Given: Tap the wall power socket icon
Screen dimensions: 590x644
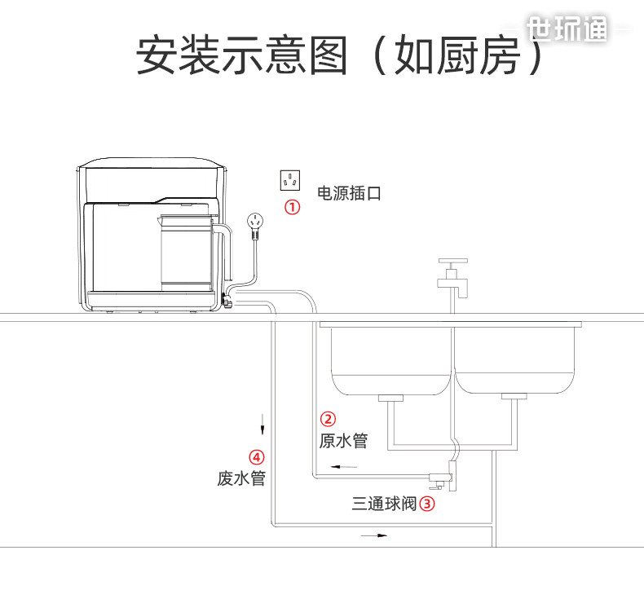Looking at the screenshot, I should (x=290, y=180).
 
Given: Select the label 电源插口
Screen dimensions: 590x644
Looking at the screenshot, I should (x=349, y=193).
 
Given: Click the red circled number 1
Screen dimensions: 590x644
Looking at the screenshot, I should (x=292, y=207).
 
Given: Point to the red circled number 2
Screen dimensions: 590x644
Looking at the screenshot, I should (x=328, y=420).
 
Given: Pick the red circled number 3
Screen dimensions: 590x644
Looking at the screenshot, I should (x=427, y=504).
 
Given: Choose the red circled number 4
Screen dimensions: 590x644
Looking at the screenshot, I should (x=256, y=457).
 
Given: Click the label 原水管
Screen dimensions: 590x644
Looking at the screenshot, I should (x=343, y=441).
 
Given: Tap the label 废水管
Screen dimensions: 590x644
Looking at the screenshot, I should (x=241, y=478).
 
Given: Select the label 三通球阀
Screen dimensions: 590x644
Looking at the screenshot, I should (x=384, y=504).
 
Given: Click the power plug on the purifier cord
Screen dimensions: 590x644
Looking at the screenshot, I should (x=256, y=223).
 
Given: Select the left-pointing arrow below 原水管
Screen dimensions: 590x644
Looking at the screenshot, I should (x=344, y=467).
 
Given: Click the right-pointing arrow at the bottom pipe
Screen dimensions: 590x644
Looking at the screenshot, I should (x=373, y=536).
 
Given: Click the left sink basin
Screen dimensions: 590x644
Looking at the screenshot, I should (x=390, y=359).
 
